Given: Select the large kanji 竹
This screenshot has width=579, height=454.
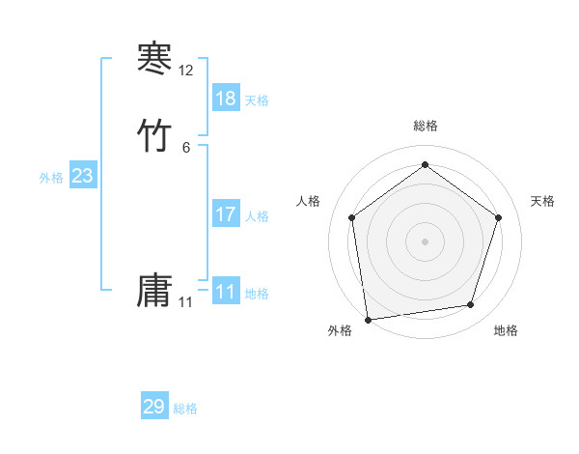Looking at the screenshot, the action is pos(154,136).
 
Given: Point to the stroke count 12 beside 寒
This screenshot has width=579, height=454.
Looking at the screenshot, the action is pos(186,71).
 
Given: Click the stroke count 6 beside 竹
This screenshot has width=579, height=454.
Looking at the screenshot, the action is pos(186,148).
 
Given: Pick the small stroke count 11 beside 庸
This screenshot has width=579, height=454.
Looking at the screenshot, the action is pos(186,302).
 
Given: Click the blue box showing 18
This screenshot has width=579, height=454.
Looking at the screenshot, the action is pos(226,99).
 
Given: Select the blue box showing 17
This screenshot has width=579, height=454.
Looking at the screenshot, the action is pos(226,214).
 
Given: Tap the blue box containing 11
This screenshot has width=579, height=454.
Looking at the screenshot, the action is pos(226,292).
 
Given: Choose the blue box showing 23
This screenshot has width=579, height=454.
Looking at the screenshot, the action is pos(83,176).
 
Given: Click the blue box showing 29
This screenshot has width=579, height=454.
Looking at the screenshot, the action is pos(154,407).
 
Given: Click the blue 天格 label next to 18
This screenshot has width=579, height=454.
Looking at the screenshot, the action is pos(257,100).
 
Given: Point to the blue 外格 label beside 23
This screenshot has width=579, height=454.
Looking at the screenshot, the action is pos(51,178).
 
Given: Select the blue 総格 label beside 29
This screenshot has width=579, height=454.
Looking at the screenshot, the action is pos(185,409).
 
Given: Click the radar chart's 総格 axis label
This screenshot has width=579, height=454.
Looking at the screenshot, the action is pos(425,126).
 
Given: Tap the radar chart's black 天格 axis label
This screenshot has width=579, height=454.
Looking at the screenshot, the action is pos(542,201).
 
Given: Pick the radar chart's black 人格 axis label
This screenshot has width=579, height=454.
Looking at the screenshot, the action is pos(309,201).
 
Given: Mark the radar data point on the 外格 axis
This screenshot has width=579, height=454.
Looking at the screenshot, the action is pos(368,319).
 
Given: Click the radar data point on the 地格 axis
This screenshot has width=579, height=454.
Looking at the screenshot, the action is pos(471,305).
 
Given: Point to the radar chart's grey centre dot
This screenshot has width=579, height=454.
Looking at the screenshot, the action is pos(425,241).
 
